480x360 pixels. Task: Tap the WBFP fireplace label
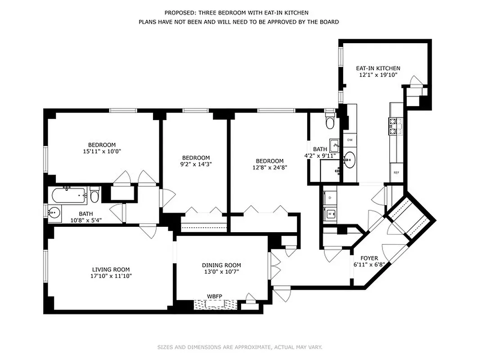(214, 297)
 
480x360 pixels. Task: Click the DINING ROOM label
(220, 265)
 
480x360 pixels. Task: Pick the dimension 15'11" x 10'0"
(102, 151)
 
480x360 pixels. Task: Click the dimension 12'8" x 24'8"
(269, 167)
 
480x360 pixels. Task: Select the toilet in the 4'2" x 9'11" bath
(329, 122)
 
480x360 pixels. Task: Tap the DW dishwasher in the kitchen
(350, 140)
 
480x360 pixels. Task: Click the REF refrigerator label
(396, 172)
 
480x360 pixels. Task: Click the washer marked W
(331, 214)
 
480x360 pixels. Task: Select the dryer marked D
(331, 198)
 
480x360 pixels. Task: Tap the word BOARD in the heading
(329, 22)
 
